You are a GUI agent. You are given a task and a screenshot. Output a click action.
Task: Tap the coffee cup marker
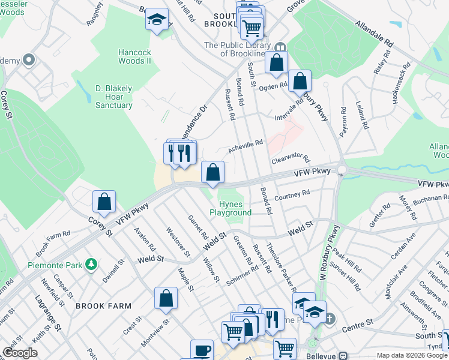[x=202, y=350]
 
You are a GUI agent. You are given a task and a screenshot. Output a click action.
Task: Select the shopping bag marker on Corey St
[x=104, y=202]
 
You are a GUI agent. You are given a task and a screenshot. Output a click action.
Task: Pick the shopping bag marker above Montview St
[x=166, y=298]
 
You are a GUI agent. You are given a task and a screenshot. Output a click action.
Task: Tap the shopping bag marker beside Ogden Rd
[x=300, y=80]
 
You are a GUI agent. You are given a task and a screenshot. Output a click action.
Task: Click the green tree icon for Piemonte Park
[x=91, y=264]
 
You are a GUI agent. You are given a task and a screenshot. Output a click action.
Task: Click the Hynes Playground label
[x=231, y=208]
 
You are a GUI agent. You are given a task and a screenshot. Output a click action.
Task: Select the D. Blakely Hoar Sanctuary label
[x=114, y=97]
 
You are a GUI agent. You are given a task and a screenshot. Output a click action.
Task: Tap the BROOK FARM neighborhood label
[x=103, y=306]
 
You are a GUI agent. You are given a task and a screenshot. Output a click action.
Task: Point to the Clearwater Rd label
[x=290, y=158]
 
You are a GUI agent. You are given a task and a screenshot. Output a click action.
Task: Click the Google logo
[x=20, y=353]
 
